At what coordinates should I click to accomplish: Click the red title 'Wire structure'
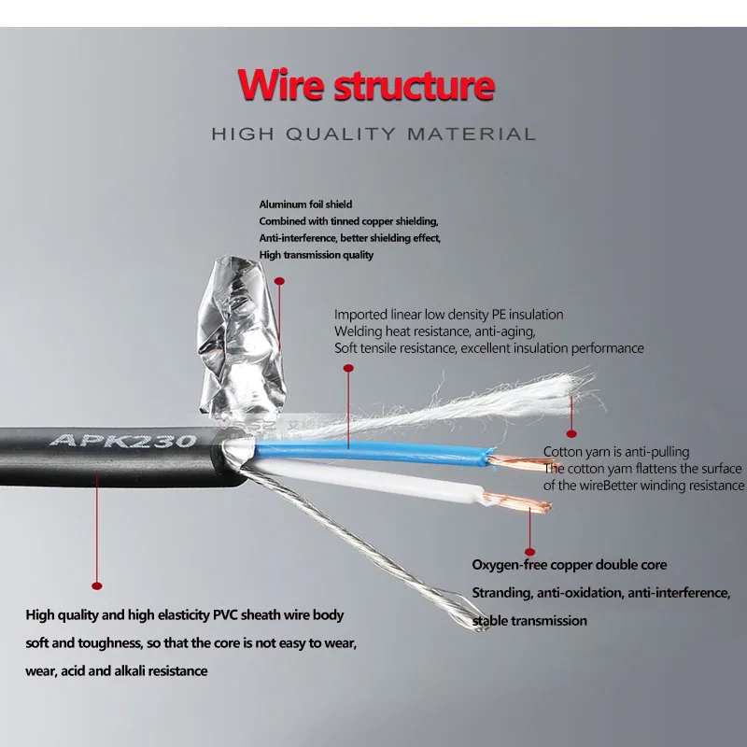pos(365,85)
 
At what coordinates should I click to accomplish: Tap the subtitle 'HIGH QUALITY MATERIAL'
pos(373,134)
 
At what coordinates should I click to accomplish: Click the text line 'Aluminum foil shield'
pos(305,204)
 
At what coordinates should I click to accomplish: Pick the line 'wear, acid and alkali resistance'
pos(116,670)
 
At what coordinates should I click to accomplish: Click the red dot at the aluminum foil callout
pos(280,279)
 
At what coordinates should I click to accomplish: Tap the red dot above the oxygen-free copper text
pos(529,552)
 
